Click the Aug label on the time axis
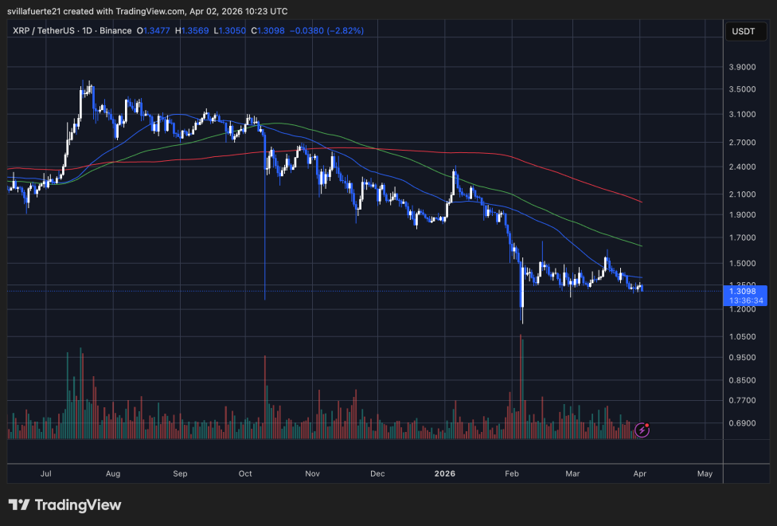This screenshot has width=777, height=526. pos(112,473)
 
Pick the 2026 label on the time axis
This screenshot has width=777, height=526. pos(445,473)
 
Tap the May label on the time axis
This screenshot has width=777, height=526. pos(705,473)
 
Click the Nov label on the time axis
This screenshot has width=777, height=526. pos(312,473)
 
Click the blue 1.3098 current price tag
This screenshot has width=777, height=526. pos(746,291)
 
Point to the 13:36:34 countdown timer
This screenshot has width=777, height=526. pos(746,300)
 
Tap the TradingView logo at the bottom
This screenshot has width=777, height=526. pos(64,504)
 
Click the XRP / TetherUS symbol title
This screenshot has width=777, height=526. pos(49,31)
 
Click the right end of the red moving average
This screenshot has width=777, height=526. pos(642,202)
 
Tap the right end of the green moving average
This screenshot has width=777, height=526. pos(642,245)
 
